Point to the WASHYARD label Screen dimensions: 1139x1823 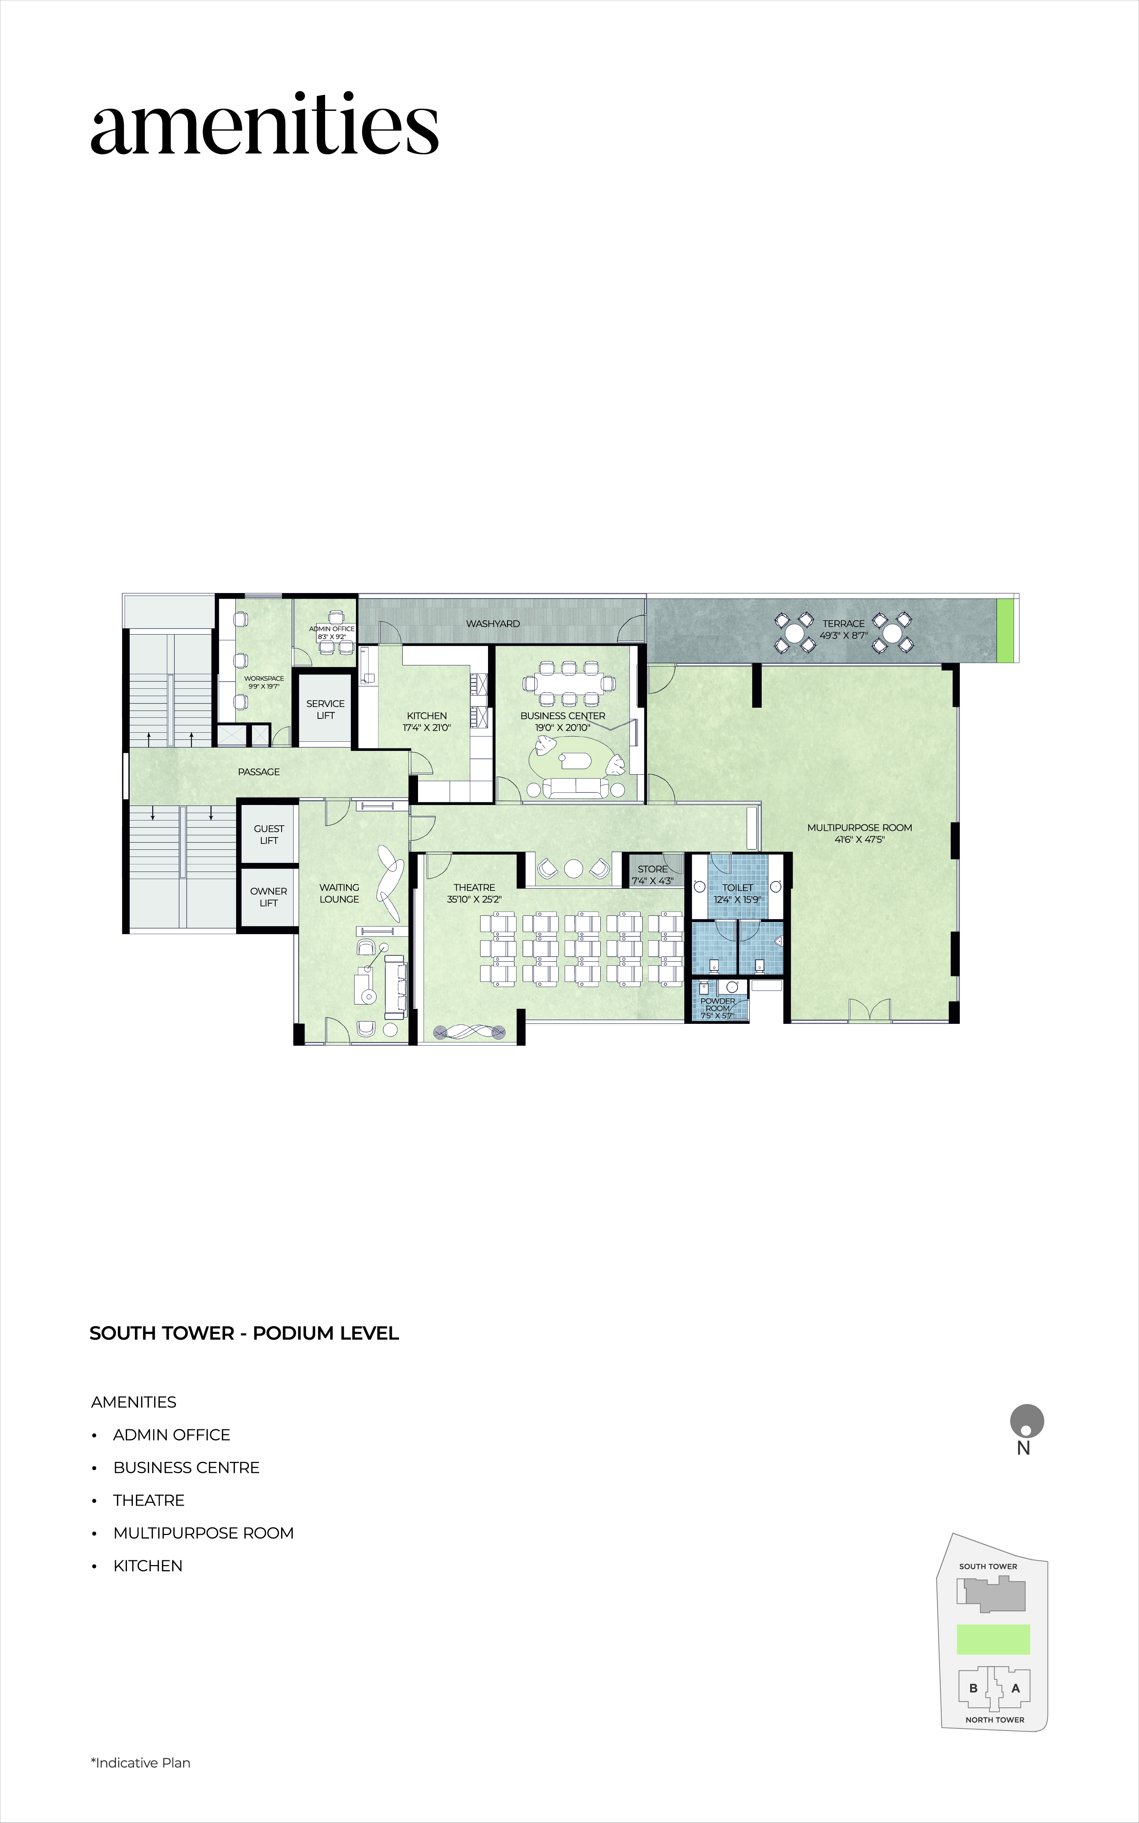(x=493, y=624)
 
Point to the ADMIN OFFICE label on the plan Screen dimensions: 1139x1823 (x=331, y=628)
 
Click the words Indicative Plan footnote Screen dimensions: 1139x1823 (x=143, y=1763)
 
